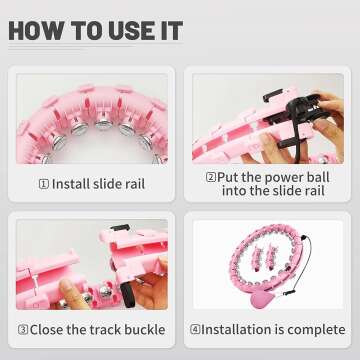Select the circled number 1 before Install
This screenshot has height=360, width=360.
[x=44, y=184]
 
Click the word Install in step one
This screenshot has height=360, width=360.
[x=71, y=184]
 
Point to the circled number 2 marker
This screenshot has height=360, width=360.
[x=211, y=177]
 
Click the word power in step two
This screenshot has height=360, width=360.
[x=280, y=178]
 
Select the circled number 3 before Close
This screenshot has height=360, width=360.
[x=23, y=330]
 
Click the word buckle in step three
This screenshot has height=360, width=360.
[x=145, y=330]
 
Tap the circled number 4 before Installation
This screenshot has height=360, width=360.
[x=195, y=330]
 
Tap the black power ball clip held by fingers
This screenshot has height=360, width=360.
[x=300, y=110]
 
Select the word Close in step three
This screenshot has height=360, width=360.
[x=46, y=330]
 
